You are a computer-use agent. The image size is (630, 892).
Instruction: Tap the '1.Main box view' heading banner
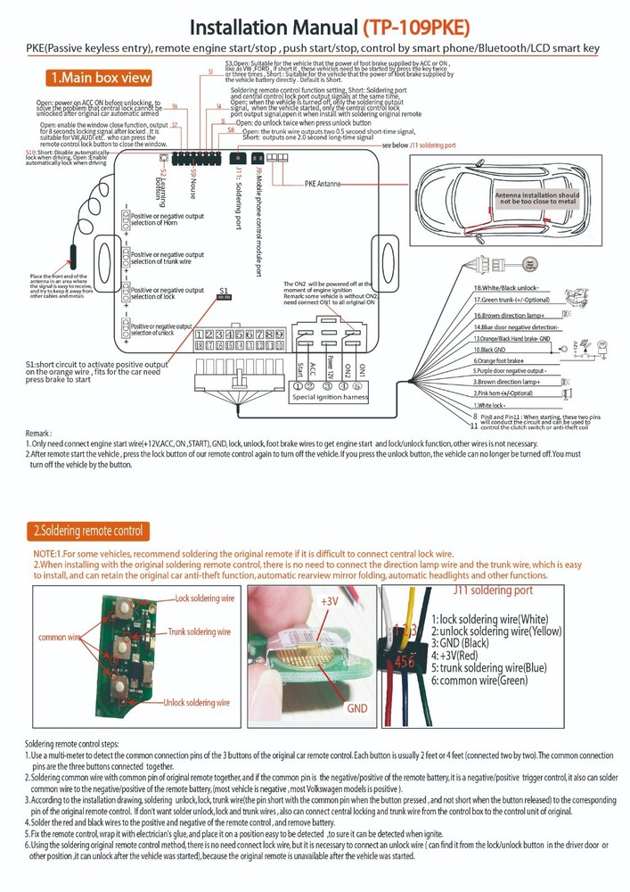tap(99, 78)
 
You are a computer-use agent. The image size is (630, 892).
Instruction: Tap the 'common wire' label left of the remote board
tap(60, 639)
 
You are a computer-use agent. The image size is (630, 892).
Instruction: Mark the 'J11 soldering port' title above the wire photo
tap(493, 591)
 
